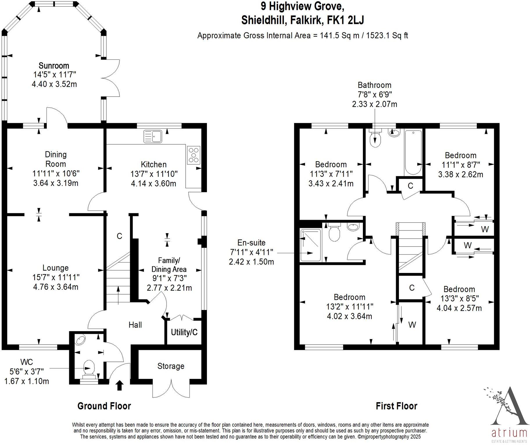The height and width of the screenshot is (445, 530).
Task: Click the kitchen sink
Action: [x=153, y=136]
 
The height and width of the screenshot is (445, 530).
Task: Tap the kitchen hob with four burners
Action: [x=194, y=155]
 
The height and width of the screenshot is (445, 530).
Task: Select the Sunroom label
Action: [x=54, y=66]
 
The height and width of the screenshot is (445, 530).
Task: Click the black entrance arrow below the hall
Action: [x=119, y=386]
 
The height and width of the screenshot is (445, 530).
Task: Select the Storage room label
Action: [x=171, y=366]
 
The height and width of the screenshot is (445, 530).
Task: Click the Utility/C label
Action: [x=184, y=332]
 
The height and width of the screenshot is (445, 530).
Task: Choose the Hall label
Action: [x=135, y=325]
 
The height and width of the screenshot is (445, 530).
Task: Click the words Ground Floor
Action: [x=104, y=406]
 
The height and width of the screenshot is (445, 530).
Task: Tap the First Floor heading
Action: [x=396, y=406]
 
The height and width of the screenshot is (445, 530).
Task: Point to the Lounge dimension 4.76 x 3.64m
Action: [x=55, y=287]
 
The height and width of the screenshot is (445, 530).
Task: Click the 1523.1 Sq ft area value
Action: [x=387, y=36]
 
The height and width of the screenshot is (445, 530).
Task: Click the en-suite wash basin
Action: [x=353, y=227]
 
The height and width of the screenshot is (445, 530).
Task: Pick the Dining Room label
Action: [x=55, y=159]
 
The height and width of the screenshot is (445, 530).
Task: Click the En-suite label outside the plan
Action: [x=251, y=243]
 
